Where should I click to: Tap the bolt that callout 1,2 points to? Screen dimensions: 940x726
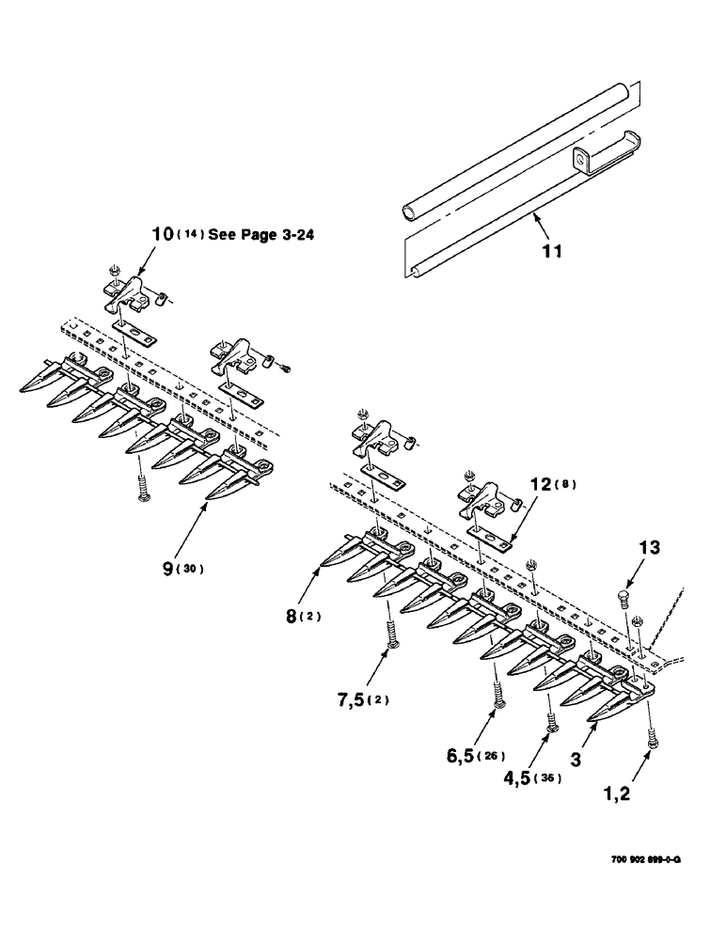click(x=651, y=739)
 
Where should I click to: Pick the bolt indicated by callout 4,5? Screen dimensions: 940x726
click(x=551, y=725)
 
